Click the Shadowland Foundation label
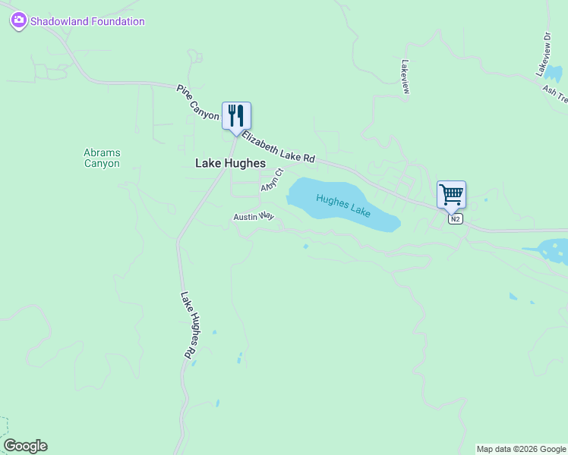pyautogui.click(x=87, y=21)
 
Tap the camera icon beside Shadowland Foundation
pyautogui.click(x=19, y=21)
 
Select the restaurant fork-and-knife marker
pyautogui.click(x=236, y=116)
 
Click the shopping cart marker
pyautogui.click(x=451, y=194)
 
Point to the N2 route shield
pyautogui.click(x=455, y=219)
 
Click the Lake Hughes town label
pyautogui.click(x=231, y=163)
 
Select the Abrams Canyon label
pyautogui.click(x=102, y=158)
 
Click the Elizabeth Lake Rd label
pyautogui.click(x=279, y=146)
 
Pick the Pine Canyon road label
pyautogui.click(x=197, y=103)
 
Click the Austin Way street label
pyautogui.click(x=254, y=217)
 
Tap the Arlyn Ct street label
pyautogui.click(x=271, y=180)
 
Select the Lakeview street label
pyautogui.click(x=405, y=77)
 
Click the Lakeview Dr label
pyautogui.click(x=543, y=53)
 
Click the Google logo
pyautogui.click(x=25, y=446)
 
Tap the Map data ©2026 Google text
pyautogui.click(x=522, y=449)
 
